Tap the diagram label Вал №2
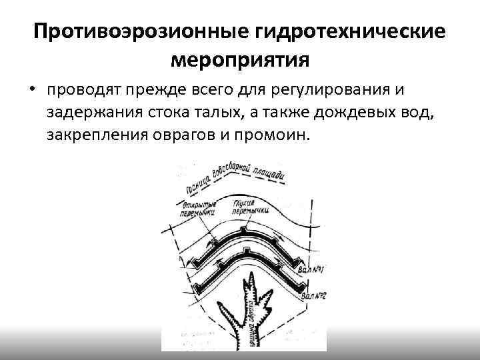point(313,292)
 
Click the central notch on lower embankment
point(247,251)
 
